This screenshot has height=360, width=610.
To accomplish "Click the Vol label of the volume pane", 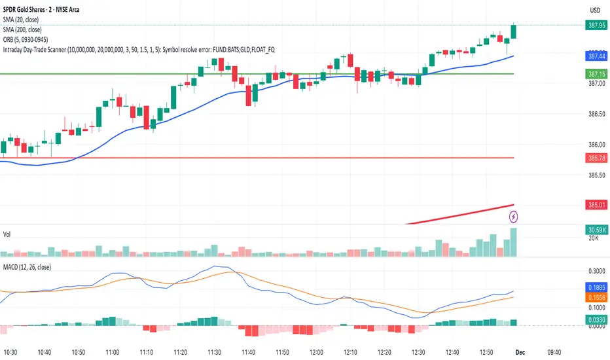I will (8, 234).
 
